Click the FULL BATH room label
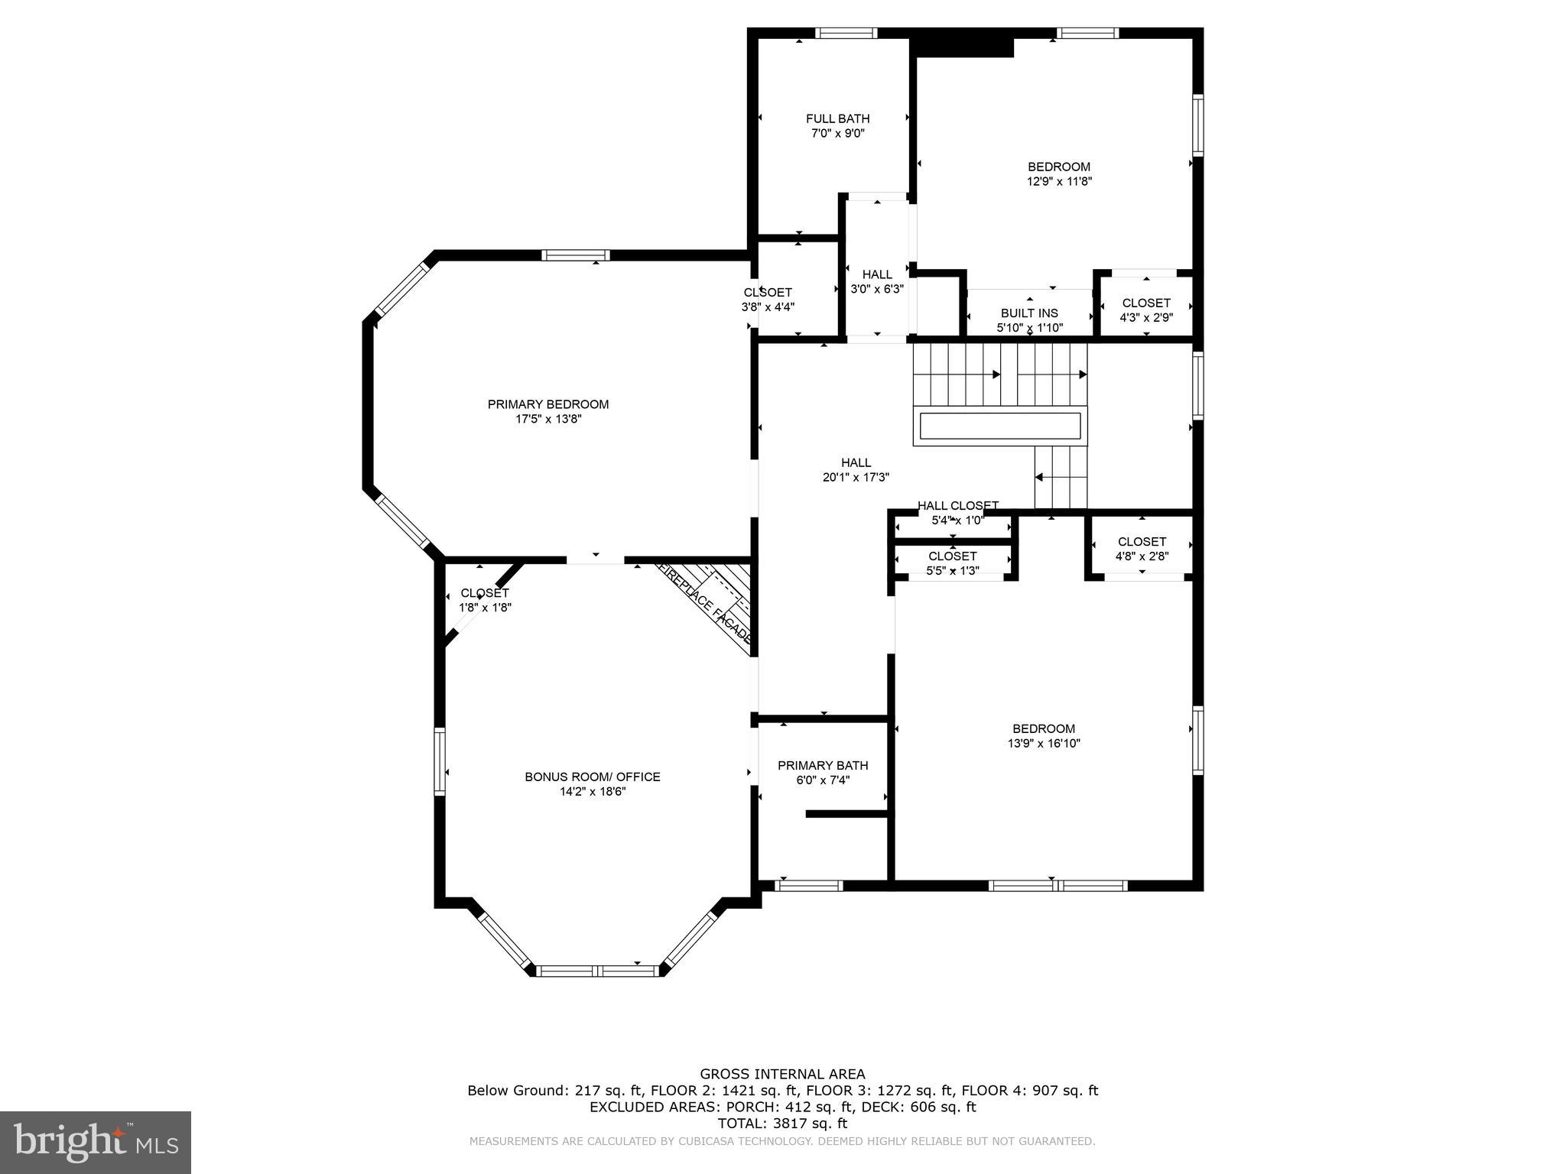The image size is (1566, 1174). tap(837, 118)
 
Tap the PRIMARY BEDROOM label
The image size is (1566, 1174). tap(548, 404)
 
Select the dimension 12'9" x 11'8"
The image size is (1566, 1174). tap(1059, 182)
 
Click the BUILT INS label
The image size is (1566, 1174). tap(1029, 313)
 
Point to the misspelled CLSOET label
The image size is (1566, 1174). tap(768, 293)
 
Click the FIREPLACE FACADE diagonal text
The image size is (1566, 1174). tap(705, 603)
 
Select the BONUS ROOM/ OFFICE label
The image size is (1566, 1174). tap(592, 777)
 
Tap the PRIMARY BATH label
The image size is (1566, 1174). tap(823, 766)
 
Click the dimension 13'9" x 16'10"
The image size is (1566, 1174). tap(1044, 744)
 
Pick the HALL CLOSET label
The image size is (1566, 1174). tap(957, 506)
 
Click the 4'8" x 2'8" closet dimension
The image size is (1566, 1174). tap(1142, 557)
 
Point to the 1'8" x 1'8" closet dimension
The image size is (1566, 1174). tap(485, 608)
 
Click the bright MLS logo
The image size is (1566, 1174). tap(96, 1143)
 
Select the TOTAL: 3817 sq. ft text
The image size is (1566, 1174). tap(782, 1124)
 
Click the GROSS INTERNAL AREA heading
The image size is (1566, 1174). tap(782, 1074)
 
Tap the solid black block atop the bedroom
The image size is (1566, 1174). tap(964, 47)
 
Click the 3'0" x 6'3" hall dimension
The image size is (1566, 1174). tap(877, 290)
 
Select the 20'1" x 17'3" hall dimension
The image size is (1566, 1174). tap(856, 478)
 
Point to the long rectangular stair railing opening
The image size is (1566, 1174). tap(1000, 426)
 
